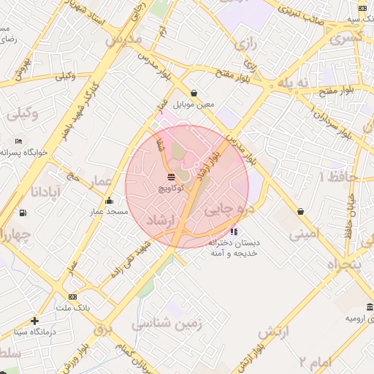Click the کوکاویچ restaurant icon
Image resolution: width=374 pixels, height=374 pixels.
pos(171,178)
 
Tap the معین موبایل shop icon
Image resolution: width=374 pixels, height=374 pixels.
pos(194,93)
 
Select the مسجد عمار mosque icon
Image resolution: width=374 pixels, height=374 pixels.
pos(110,200)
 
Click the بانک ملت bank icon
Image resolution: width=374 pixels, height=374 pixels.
pos(72,297)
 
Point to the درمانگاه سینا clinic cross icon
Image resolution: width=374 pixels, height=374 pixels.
pos(34,320)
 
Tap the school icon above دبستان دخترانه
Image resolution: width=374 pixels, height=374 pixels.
pos(234,232)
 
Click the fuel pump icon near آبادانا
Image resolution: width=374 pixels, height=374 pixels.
pos(23,213)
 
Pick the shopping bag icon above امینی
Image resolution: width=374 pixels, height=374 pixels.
pos(300,212)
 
